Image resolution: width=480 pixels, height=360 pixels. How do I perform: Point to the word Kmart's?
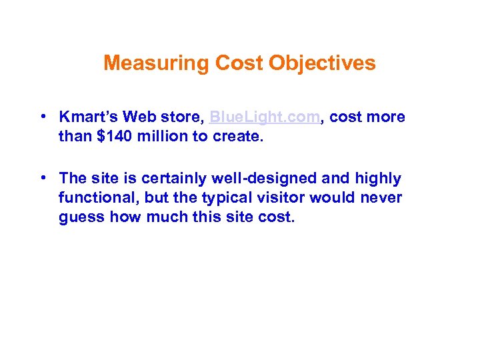pos(87,117)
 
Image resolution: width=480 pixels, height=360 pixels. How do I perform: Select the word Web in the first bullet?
pos(138,117)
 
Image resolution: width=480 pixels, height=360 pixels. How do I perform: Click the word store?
pos(180,117)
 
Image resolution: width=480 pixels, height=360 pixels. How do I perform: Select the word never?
pos(381,199)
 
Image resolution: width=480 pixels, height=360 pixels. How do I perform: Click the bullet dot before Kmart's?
pos(42,117)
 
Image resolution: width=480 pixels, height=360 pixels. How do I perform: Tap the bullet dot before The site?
pos(42,179)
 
